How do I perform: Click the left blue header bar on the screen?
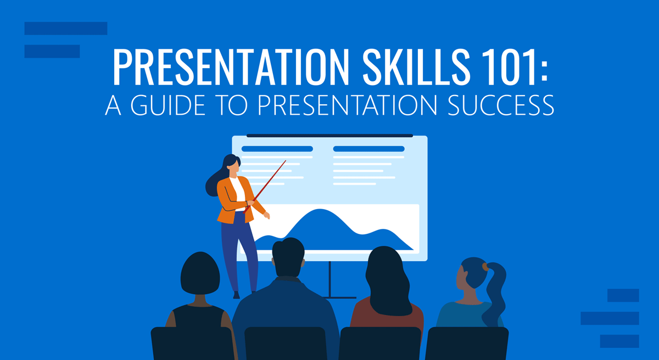(x=277, y=149)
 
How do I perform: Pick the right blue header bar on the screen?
(x=368, y=149)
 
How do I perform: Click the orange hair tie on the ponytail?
(x=485, y=266)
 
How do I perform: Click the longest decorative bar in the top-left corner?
(x=66, y=29)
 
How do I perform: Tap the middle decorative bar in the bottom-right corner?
(x=610, y=318)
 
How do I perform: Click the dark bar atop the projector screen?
(x=329, y=135)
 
